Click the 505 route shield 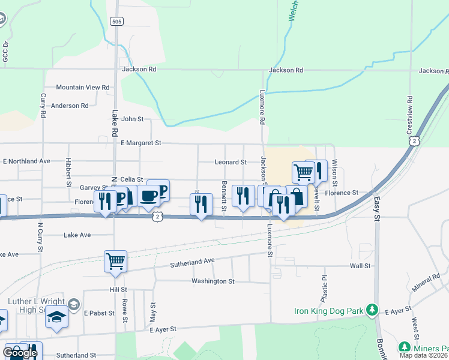117,21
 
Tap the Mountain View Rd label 83,88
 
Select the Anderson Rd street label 70,106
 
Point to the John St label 132,119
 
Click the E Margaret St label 141,143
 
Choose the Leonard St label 231,162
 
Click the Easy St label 378,211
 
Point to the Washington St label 213,281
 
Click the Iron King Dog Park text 330,311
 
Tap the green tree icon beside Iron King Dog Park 373,310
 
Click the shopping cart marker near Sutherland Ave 115,261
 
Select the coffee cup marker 148,195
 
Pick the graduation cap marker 56,316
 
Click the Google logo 20,353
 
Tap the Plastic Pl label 324,289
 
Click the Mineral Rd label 426,283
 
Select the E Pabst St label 98,313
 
